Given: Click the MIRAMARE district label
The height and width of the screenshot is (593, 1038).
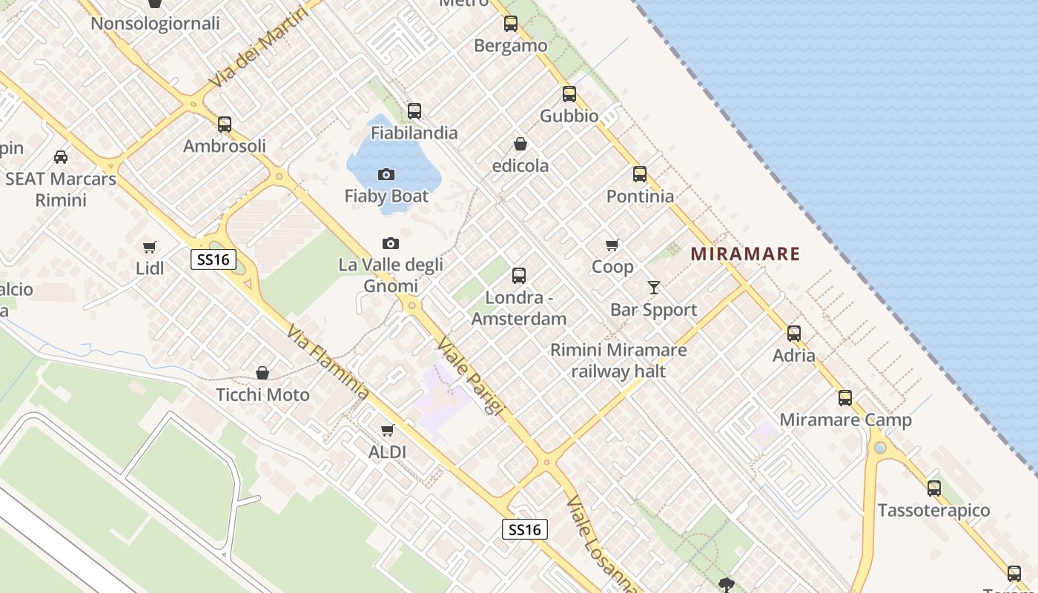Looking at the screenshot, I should pos(745,254).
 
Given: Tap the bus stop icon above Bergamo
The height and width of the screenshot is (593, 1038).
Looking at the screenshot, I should pos(511,24).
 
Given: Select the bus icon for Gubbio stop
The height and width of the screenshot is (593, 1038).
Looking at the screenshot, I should pos(569,94).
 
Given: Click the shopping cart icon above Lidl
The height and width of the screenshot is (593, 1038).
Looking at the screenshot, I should pos(150,247).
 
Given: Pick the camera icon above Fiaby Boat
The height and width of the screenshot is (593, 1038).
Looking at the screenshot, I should pos(386,175).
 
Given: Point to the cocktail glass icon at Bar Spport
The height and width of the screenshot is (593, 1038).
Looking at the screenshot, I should pos(653,288).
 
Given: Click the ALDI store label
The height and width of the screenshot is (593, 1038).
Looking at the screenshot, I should pos(387,451).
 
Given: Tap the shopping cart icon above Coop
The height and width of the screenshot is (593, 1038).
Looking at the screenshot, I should pos(612,245).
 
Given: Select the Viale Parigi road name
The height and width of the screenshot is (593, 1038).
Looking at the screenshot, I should pos(470,376).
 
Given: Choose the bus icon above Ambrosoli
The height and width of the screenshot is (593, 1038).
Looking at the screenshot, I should pos(225,125).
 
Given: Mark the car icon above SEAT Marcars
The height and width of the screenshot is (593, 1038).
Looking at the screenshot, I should pos(61,157).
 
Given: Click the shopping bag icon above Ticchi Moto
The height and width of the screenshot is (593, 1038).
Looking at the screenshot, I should pos(262,373).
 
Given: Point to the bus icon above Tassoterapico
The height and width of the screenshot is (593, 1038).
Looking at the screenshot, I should pos(934,488).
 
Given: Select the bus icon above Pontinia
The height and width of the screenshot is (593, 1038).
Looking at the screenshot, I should pos(640,175).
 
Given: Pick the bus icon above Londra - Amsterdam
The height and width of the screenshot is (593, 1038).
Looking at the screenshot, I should pos(519,276).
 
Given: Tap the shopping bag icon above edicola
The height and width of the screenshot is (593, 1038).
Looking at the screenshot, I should pos(520,144).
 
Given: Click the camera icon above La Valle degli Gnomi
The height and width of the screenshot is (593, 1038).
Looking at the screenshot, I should pos(390,243).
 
